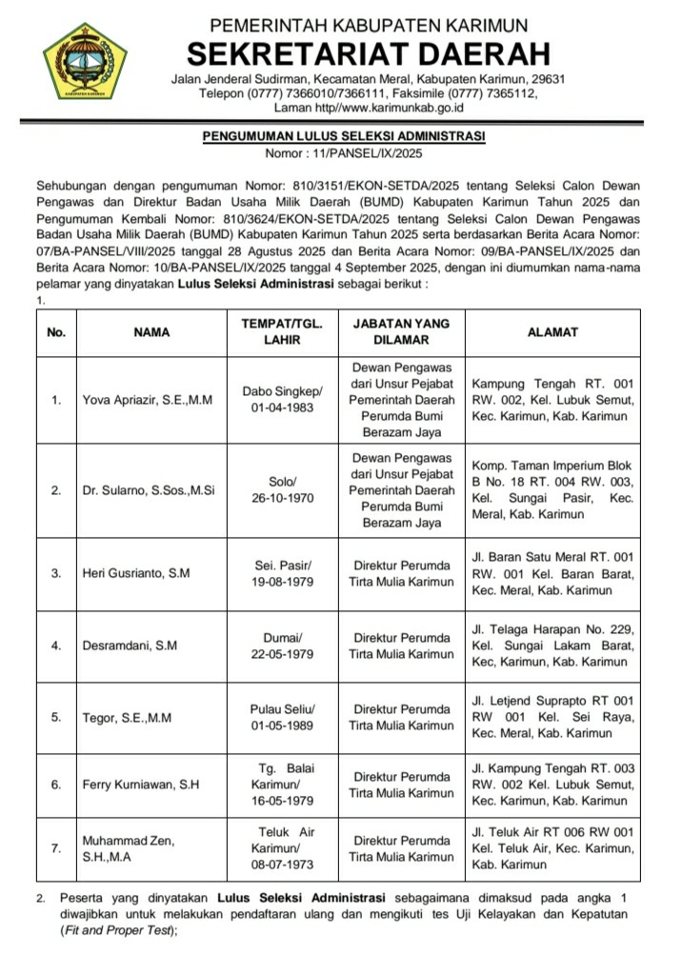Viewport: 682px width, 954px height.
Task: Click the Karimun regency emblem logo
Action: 86,63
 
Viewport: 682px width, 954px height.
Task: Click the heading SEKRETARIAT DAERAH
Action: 369,51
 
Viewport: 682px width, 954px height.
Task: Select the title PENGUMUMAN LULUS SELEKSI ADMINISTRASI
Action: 343,137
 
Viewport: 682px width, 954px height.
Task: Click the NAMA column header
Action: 151,333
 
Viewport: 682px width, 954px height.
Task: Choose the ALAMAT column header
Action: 552,333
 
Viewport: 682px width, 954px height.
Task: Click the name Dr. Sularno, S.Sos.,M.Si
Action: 148,491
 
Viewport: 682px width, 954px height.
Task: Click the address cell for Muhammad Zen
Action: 552,848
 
